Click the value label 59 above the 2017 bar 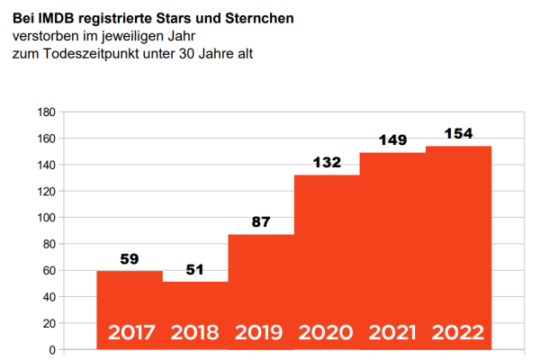click(130, 260)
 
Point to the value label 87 click(261, 223)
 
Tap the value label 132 click(327, 163)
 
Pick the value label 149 click(392, 140)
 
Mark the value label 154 click(458, 134)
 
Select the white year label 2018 click(195, 332)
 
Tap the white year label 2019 click(261, 332)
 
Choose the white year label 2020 click(327, 332)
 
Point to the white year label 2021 click(392, 332)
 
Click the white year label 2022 click(458, 332)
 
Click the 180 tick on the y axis click(47, 112)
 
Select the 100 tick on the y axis click(47, 218)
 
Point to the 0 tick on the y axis click(53, 349)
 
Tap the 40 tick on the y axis click(49, 297)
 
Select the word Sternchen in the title click(258, 18)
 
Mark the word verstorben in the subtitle click(43, 36)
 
